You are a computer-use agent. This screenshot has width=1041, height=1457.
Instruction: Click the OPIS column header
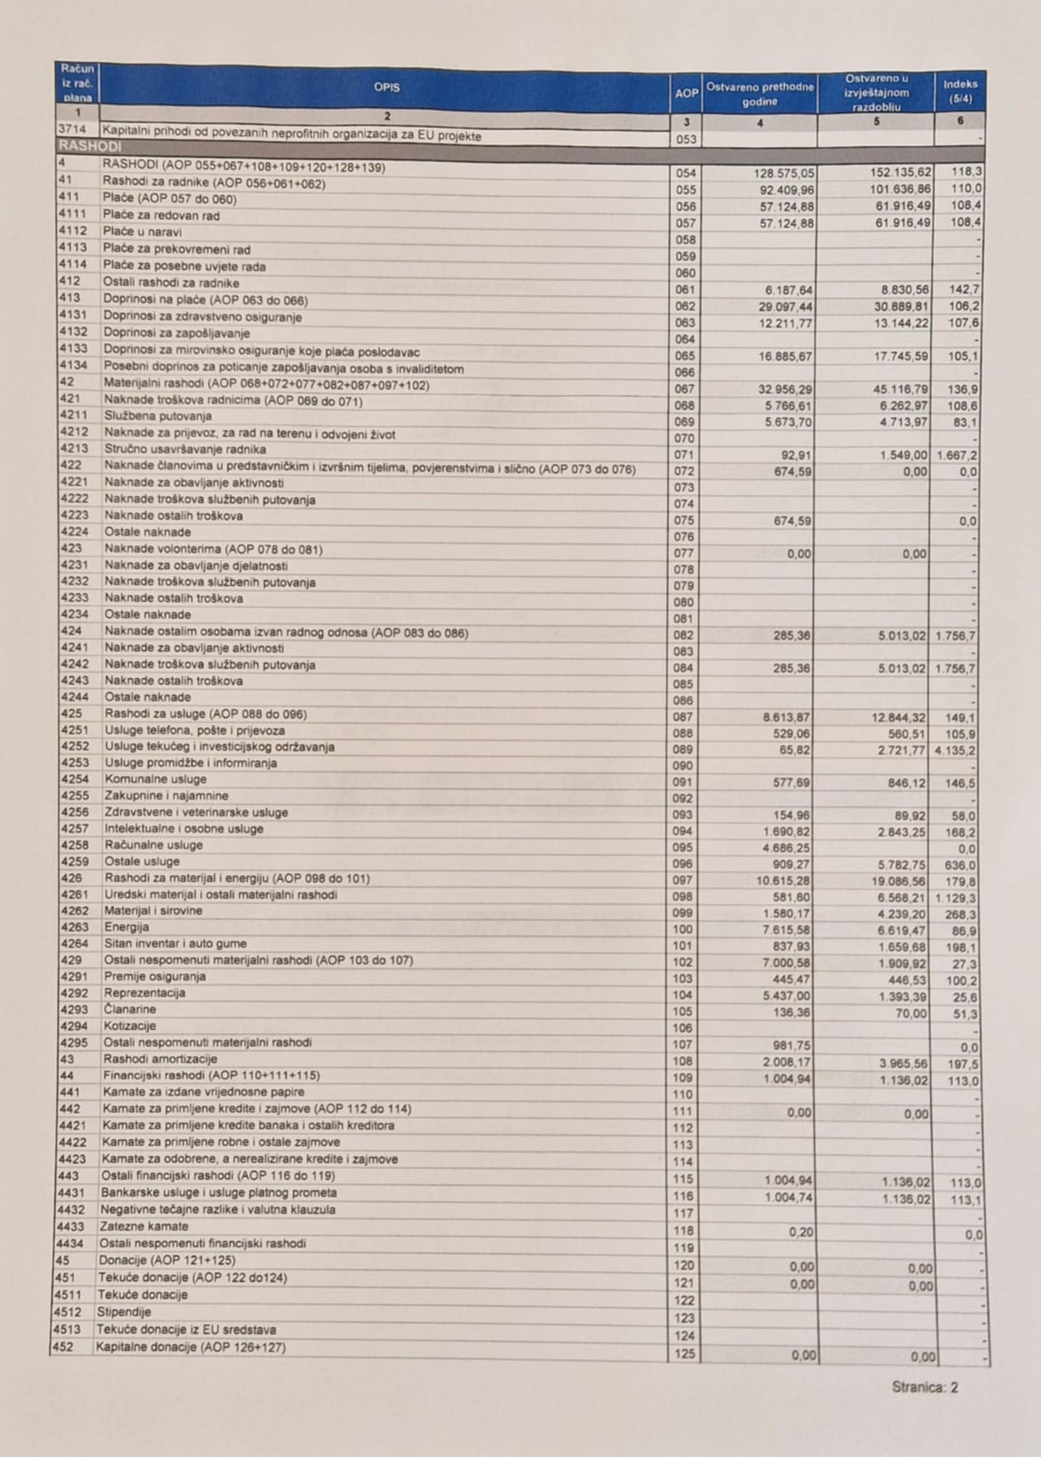(x=386, y=88)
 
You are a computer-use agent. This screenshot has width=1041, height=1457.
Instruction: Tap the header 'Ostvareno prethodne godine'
(x=759, y=94)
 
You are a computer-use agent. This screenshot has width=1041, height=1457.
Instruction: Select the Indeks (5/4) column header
(x=960, y=90)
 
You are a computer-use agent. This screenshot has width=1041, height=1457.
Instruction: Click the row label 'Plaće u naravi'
(x=142, y=232)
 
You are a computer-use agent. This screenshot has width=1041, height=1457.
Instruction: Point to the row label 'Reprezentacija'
(x=144, y=992)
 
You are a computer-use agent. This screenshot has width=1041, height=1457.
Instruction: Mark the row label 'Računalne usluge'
(x=153, y=845)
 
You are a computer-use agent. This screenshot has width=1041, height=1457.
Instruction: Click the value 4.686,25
(x=786, y=849)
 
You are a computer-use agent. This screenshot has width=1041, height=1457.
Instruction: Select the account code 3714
(x=72, y=131)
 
